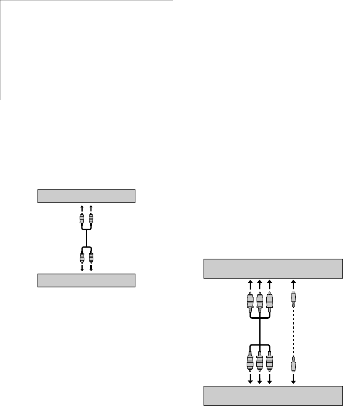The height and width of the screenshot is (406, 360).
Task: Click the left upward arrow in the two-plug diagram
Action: click(81, 208)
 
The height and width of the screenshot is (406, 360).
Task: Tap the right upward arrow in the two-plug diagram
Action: click(91, 208)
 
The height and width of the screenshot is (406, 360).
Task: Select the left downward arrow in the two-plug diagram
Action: click(81, 268)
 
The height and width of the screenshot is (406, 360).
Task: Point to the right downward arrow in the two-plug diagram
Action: click(91, 268)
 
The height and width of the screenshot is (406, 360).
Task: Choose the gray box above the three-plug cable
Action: click(272, 269)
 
